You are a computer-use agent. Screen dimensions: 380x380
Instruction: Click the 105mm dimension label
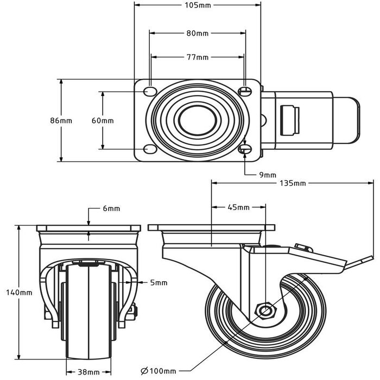click(x=197, y=5)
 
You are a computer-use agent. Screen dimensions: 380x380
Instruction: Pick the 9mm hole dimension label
click(x=268, y=174)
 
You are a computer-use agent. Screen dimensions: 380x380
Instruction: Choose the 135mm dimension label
click(x=293, y=183)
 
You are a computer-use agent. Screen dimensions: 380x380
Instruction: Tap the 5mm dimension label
click(x=159, y=282)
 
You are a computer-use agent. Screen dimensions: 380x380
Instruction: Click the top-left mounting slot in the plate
click(x=148, y=91)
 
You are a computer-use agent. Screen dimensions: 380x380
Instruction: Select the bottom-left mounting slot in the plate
click(x=148, y=149)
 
